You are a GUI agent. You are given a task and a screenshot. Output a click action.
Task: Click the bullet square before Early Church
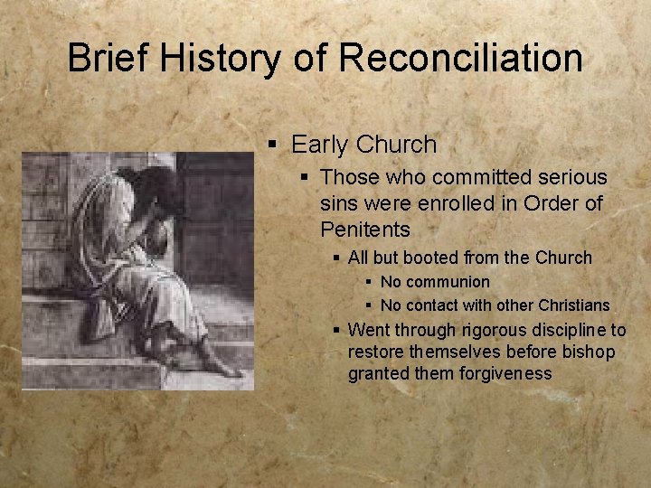274,145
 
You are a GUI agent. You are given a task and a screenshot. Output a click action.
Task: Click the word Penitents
364,230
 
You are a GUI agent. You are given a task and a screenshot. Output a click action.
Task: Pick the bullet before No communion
370,282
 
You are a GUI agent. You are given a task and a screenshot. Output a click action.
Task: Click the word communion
448,282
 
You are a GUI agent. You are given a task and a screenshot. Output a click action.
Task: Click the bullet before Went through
337,329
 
